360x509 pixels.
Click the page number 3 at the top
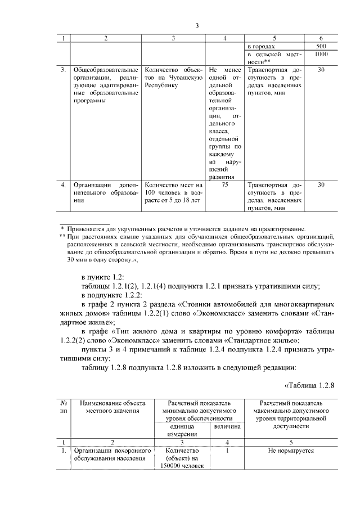(197, 25)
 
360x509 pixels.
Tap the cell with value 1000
(321, 55)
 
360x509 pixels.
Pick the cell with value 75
(225, 184)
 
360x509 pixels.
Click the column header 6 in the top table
(321, 38)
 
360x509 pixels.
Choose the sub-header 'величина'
(226, 427)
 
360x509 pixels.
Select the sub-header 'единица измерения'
(179, 430)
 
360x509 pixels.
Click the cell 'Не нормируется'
(290, 451)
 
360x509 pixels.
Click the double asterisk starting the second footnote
(62, 237)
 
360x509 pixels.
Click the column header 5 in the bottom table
(290, 442)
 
